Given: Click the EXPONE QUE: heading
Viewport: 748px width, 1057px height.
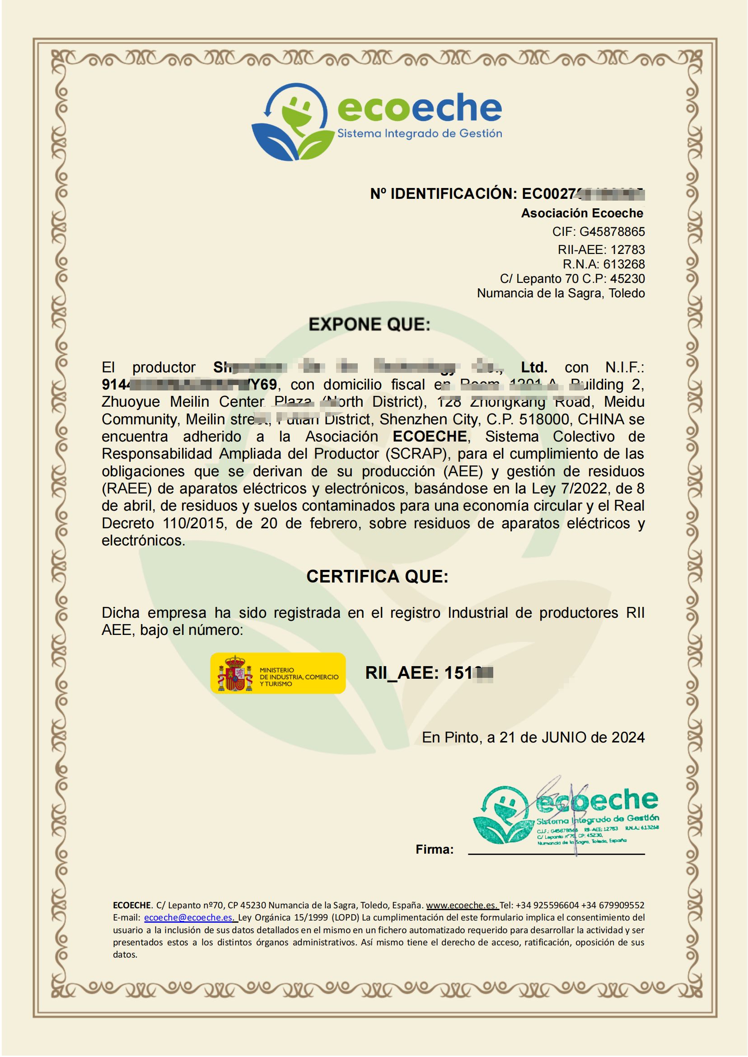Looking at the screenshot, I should coord(369,324).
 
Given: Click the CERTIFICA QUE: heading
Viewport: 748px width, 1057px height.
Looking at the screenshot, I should coord(377,577).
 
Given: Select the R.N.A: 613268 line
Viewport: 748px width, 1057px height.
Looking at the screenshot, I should coord(603,264).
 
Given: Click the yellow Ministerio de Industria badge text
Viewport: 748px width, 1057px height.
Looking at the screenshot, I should coord(299,677).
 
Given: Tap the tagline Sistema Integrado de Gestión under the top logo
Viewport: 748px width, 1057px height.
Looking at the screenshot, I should coord(420,134).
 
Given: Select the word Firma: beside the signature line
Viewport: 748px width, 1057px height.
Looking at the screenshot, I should coord(435,849).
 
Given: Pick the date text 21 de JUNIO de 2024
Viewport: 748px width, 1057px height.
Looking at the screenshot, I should coord(571,737).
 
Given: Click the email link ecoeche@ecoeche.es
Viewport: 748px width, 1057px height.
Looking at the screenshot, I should coord(188,917).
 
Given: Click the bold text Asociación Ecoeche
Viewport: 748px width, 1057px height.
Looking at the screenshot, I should coord(582,213).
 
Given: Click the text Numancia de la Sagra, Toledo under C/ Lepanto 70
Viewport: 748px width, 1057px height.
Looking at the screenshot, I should coord(561,293).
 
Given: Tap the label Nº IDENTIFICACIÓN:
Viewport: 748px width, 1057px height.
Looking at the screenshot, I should coord(444,194).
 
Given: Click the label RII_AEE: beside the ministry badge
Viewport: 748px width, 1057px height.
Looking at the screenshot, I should coord(402,673).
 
